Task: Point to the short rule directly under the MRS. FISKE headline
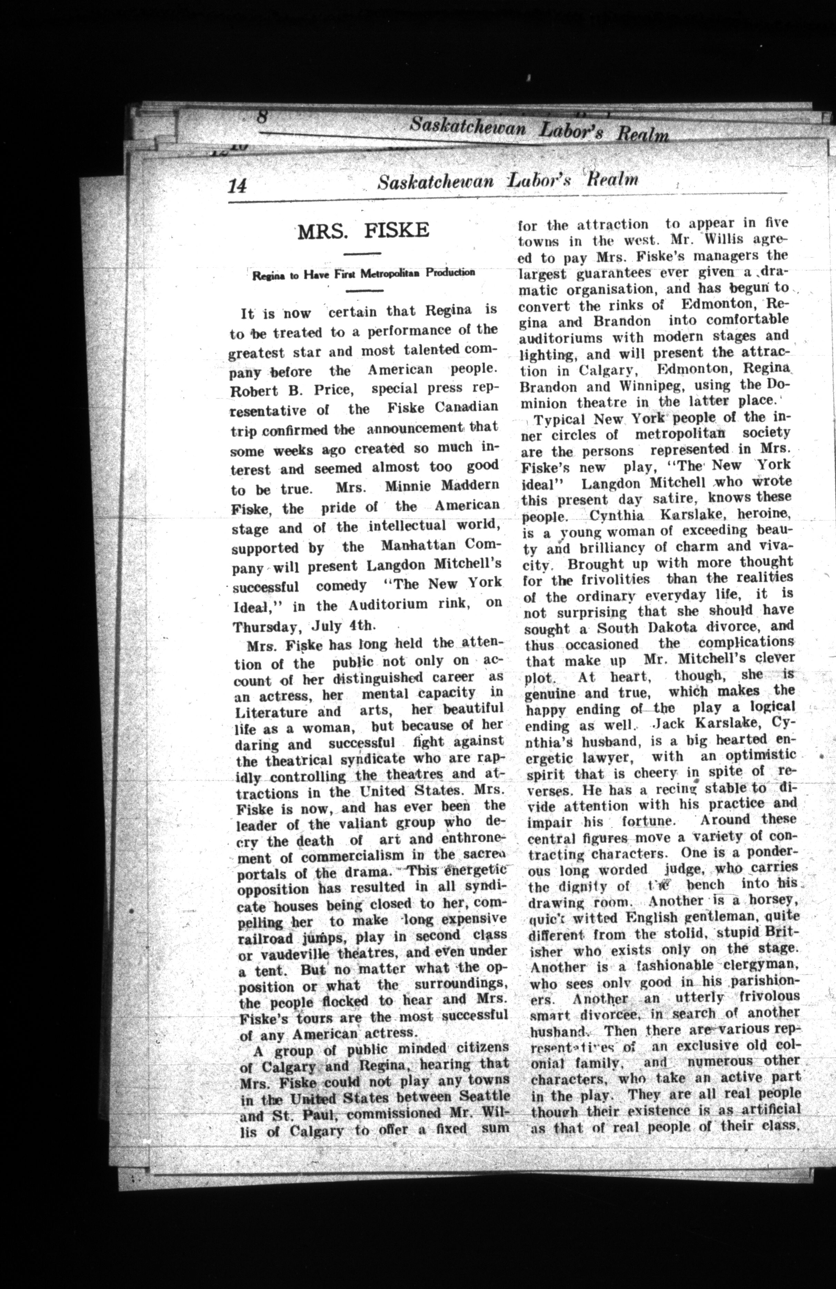coord(363,254)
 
